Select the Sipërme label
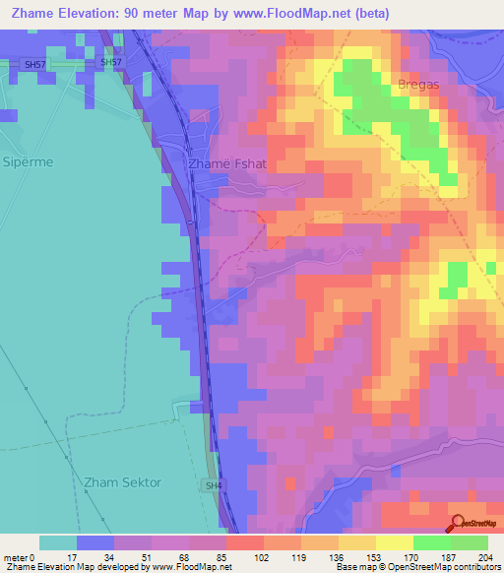(28, 160)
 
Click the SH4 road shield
(214, 485)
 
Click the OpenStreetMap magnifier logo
(458, 524)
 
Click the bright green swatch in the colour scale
(431, 542)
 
